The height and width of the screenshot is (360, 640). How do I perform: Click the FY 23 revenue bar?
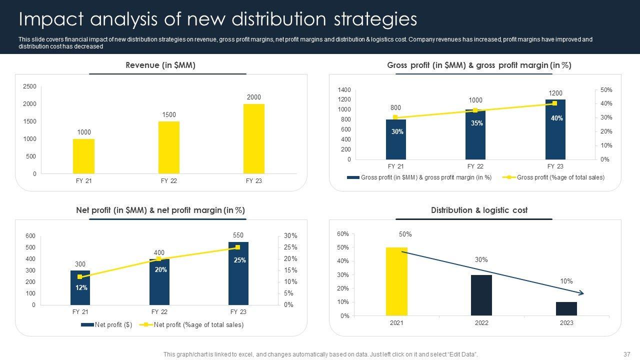[x=254, y=139]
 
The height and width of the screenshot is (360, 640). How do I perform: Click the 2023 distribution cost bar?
[x=566, y=309]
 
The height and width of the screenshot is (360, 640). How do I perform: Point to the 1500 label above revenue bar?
[x=169, y=115]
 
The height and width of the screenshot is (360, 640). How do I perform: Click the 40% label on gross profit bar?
[x=557, y=118]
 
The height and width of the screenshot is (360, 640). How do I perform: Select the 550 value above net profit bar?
[x=238, y=235]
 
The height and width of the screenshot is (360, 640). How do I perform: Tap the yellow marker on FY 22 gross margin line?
[x=475, y=110]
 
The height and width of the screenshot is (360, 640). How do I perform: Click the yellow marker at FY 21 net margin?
[x=80, y=276]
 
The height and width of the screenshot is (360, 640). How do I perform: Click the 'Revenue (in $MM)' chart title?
[x=160, y=65]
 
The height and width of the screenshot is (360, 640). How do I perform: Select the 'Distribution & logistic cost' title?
[x=479, y=210]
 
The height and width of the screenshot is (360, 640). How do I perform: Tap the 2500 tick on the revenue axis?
[x=30, y=87]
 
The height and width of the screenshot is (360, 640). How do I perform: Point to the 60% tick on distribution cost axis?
[x=342, y=234]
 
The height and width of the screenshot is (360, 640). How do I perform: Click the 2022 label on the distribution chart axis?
[x=481, y=323]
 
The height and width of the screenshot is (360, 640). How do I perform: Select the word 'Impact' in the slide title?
[x=47, y=19]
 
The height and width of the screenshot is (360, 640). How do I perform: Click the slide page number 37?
[x=626, y=354]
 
